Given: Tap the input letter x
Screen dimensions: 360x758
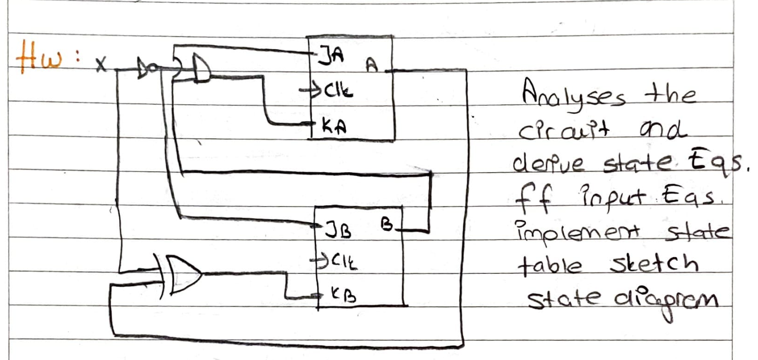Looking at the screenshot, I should pyautogui.click(x=101, y=65).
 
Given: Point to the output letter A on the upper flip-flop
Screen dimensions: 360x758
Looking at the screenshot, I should pyautogui.click(x=372, y=66).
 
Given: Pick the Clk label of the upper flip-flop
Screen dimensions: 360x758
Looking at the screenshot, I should pyautogui.click(x=336, y=91).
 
